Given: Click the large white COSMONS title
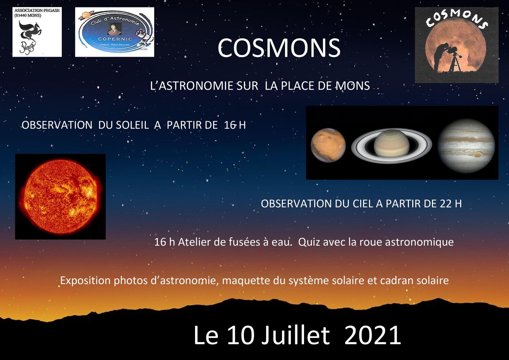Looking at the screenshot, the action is pos(279,48).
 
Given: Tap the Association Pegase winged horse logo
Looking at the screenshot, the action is pos(37,32).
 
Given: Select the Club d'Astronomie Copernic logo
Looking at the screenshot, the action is pos(115,32).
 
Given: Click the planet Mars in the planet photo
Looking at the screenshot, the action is pos(328,145).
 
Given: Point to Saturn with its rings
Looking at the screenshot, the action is pos(392,146).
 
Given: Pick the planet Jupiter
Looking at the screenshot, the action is pos(466,146).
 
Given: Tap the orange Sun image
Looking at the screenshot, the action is pos(60,197).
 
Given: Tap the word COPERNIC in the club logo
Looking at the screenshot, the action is pos(115,39).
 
